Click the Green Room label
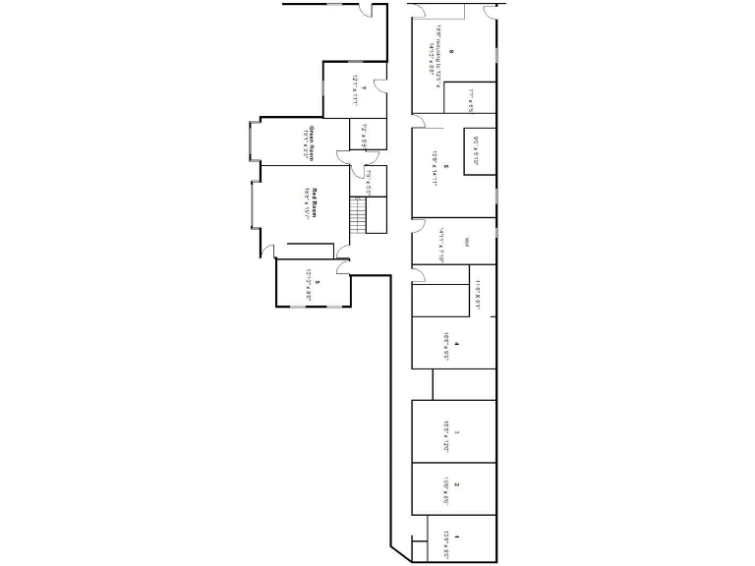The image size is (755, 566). click(x=312, y=143)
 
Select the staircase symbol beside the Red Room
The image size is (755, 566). click(x=358, y=213)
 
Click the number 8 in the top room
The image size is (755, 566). click(x=449, y=52)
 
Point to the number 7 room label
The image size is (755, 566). click(x=363, y=89)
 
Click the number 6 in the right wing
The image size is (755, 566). click(x=445, y=166)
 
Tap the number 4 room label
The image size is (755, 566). click(x=457, y=344)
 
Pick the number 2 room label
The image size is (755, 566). click(x=457, y=485)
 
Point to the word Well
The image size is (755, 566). click(x=468, y=242)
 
